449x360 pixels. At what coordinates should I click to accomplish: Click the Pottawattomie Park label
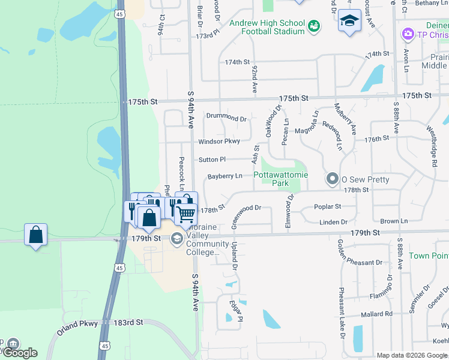click(280, 179)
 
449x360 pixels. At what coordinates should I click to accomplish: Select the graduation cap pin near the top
click(349, 22)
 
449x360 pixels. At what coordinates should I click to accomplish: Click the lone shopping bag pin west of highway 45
click(36, 235)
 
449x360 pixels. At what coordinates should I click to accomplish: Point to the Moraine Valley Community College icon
click(177, 239)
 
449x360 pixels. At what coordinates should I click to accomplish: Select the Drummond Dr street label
click(226, 119)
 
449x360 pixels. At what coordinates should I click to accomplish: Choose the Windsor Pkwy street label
click(219, 142)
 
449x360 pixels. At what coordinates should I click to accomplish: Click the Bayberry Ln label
click(224, 176)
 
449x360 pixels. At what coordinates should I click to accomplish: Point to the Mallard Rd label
click(376, 314)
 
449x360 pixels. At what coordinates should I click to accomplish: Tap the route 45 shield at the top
click(120, 13)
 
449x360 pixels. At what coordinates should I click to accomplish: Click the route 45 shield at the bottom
click(105, 346)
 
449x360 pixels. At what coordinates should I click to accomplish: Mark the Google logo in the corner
click(20, 353)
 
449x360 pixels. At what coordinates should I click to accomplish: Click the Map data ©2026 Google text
click(411, 355)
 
